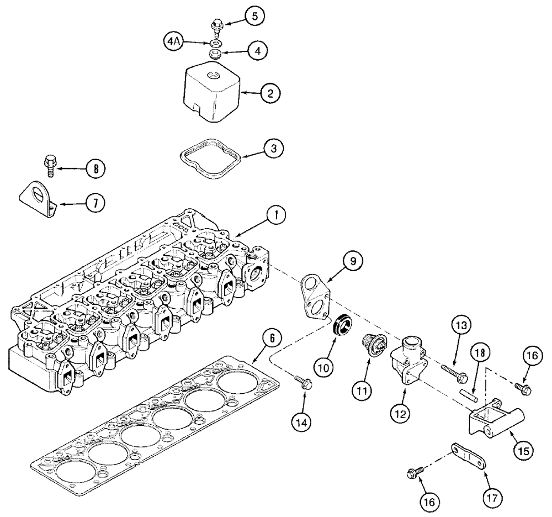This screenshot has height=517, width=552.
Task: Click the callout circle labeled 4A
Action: (x=173, y=41)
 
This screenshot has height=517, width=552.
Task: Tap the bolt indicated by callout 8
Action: (x=49, y=165)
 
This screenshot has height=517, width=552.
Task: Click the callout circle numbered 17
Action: (x=495, y=497)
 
